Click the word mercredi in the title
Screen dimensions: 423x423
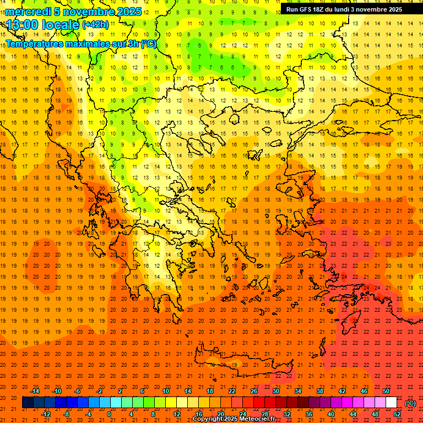coord(28,12)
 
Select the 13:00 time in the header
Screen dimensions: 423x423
coord(22,25)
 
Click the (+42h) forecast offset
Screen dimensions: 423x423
coord(95,25)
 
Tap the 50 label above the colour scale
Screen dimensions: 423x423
coord(386,391)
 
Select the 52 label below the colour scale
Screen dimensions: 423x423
coord(397,414)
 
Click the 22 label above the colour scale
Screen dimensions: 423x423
coord(232,391)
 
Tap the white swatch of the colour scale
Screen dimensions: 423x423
coord(391,402)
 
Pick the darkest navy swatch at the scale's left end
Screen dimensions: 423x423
coord(28,402)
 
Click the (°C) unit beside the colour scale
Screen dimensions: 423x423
coord(410,403)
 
